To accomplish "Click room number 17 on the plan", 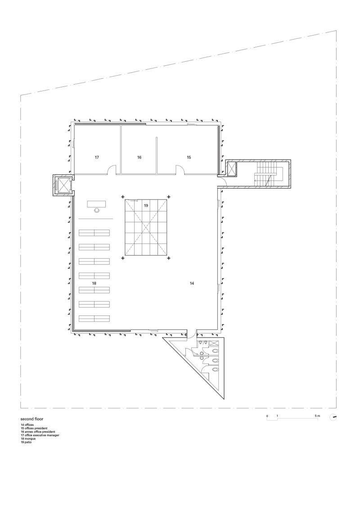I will coord(97,158).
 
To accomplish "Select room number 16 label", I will coord(139,158).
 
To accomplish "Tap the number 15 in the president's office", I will coord(189,158).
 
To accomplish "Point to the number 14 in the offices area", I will coord(192,284).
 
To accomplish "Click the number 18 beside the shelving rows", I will coord(94,284).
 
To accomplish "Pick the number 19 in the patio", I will coord(146,205).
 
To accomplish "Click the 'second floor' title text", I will coord(31,419).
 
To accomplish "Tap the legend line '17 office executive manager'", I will coord(40,435).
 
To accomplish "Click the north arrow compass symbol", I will coord(333,417).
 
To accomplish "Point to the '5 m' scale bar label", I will coord(317,416).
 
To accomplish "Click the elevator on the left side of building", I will coord(62,185).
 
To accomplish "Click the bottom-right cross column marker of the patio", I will coord(169,258).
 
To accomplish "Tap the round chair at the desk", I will coord(97,210).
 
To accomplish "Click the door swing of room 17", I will coord(112,170).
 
